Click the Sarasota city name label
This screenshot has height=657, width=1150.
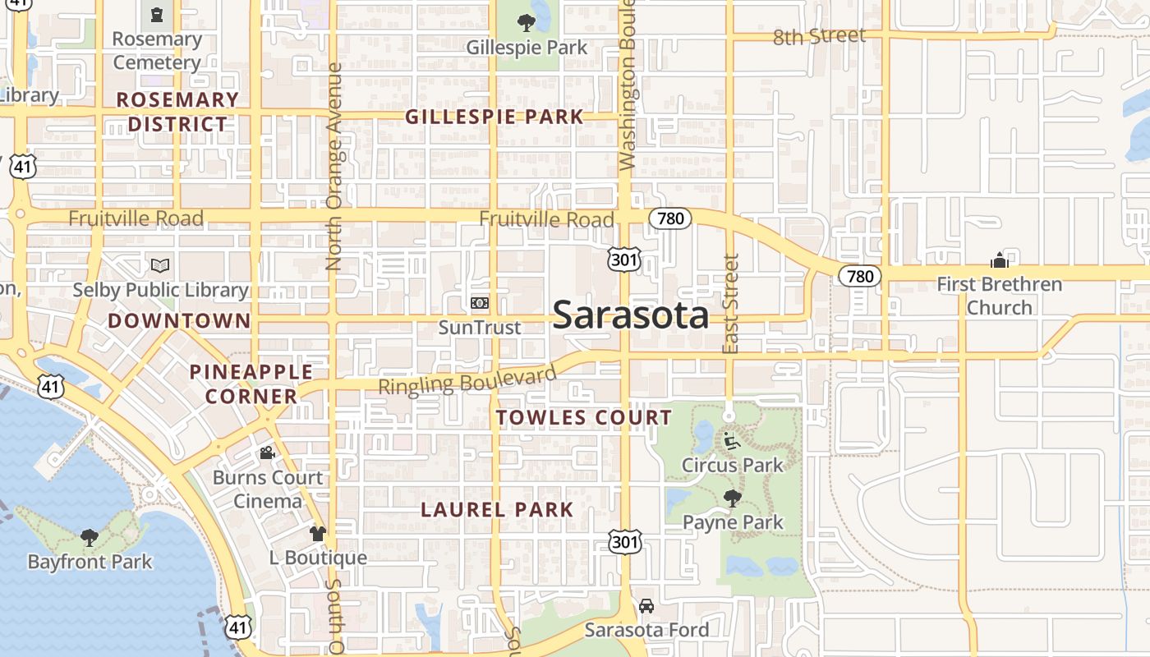point(631,315)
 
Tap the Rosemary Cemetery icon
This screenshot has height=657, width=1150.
point(156,14)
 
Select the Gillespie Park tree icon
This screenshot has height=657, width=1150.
point(527,22)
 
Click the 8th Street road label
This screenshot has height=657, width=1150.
point(819,36)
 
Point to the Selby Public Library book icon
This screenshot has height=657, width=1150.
point(160,265)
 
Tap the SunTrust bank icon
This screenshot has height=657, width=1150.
point(480,303)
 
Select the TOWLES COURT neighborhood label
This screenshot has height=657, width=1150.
point(584,417)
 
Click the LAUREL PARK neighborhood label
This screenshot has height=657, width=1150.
point(497,509)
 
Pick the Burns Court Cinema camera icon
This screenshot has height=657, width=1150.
point(267,453)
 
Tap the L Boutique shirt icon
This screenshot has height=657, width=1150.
point(318,533)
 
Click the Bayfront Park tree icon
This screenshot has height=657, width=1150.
point(90,538)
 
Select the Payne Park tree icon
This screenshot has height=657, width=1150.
point(732,498)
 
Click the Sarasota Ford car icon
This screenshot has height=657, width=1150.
point(646,606)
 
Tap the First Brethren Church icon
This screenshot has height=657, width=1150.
point(1000,260)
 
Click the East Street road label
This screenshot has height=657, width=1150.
point(730,305)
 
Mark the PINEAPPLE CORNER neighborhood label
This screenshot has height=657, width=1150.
point(251,384)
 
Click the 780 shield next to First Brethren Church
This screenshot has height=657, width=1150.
point(860,276)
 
